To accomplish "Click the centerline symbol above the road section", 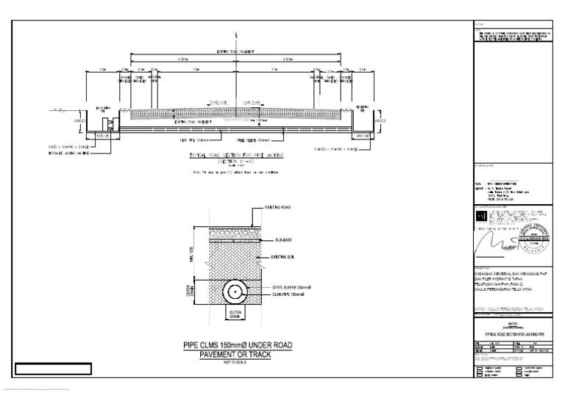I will (x=235, y=35).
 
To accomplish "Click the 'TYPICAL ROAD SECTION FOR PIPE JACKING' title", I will (x=232, y=156).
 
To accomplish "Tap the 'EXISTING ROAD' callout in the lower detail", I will (x=278, y=209).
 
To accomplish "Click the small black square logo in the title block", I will (x=480, y=218).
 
